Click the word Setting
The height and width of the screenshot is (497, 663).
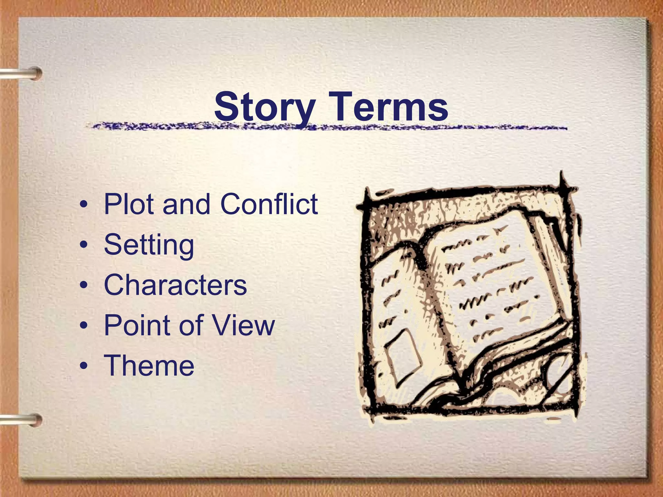[x=149, y=245]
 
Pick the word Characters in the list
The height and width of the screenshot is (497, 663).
[x=175, y=285]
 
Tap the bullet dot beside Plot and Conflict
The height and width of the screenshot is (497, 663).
[x=84, y=205]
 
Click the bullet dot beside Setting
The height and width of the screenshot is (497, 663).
[x=84, y=246]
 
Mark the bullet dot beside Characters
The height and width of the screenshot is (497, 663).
[x=84, y=286]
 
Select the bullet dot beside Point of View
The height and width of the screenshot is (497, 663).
[x=84, y=326]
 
